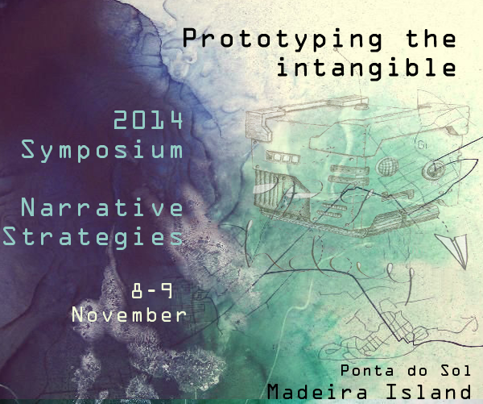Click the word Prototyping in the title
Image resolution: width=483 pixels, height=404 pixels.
[x=283, y=40]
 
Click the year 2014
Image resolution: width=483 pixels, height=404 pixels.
[x=148, y=120]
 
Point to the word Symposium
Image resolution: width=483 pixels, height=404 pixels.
[x=102, y=150]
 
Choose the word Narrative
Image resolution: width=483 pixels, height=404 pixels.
[x=102, y=207]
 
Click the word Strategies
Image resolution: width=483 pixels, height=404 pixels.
[x=93, y=237]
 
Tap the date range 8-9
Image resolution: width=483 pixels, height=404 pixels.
[x=152, y=291]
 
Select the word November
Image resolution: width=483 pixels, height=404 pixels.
[x=129, y=314]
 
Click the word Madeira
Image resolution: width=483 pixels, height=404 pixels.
[x=317, y=392]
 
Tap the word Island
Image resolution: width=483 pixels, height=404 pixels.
[x=428, y=391]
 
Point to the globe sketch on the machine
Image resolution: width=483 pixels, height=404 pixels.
[x=388, y=166]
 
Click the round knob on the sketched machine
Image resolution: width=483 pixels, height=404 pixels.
[x=434, y=170]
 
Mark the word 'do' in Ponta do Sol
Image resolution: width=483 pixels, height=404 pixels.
[x=417, y=370]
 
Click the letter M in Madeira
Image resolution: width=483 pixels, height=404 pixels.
[x=275, y=392]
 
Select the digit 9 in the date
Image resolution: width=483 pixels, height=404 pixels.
[x=167, y=291]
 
